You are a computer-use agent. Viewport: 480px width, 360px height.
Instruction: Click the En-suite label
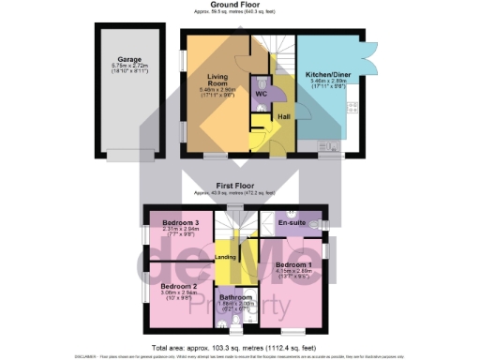[x=292, y=222]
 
